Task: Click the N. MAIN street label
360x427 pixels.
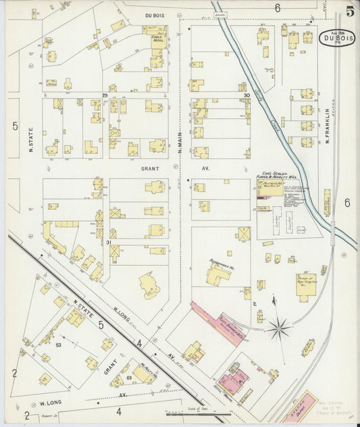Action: tap(180, 142)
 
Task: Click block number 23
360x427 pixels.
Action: tap(105, 95)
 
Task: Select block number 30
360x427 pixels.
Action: tap(247, 96)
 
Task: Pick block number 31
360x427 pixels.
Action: tap(108, 242)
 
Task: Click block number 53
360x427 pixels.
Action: tap(58, 345)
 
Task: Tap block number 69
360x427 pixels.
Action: tap(129, 378)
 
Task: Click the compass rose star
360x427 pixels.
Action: tap(278, 329)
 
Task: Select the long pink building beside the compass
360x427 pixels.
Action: tap(218, 323)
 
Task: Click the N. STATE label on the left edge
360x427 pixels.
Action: tap(32, 139)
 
